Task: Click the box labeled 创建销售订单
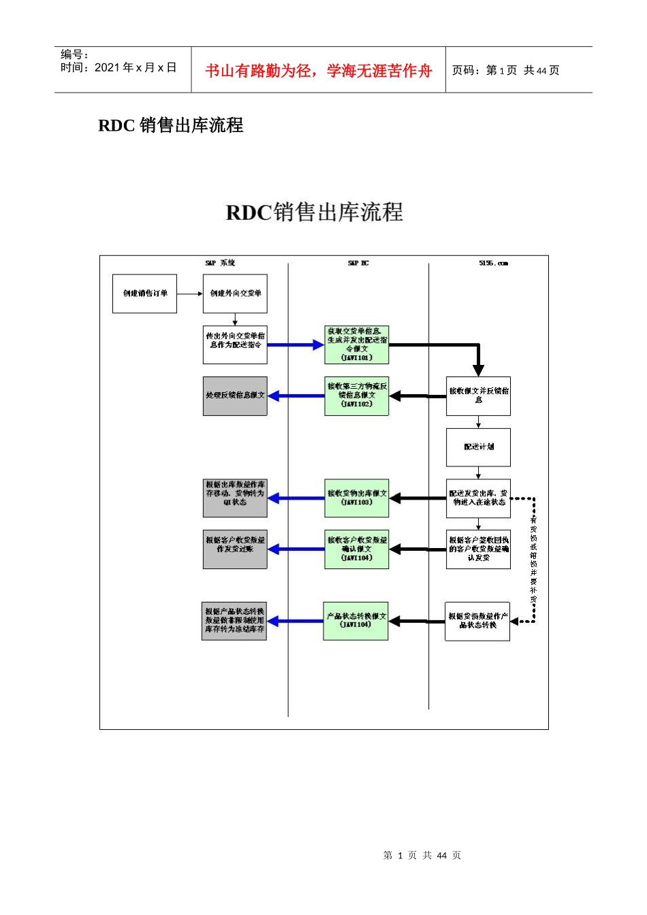point(144,293)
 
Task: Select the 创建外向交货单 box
point(235,293)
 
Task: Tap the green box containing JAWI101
point(357,344)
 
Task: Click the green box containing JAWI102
point(357,396)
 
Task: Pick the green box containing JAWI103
point(357,498)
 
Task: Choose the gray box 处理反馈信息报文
point(235,396)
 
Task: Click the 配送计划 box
point(478,447)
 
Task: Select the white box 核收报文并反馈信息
point(478,396)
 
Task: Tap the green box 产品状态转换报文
point(356,620)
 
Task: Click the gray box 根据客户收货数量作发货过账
point(235,549)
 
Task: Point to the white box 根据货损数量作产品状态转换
point(477,621)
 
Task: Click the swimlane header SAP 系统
point(220,263)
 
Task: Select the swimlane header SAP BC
point(358,263)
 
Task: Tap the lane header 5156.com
point(493,263)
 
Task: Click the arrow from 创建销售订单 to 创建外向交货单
point(190,293)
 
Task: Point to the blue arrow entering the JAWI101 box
point(296,345)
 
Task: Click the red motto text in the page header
point(318,71)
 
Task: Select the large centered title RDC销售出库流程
point(314,212)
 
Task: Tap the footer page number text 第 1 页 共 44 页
point(422,855)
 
